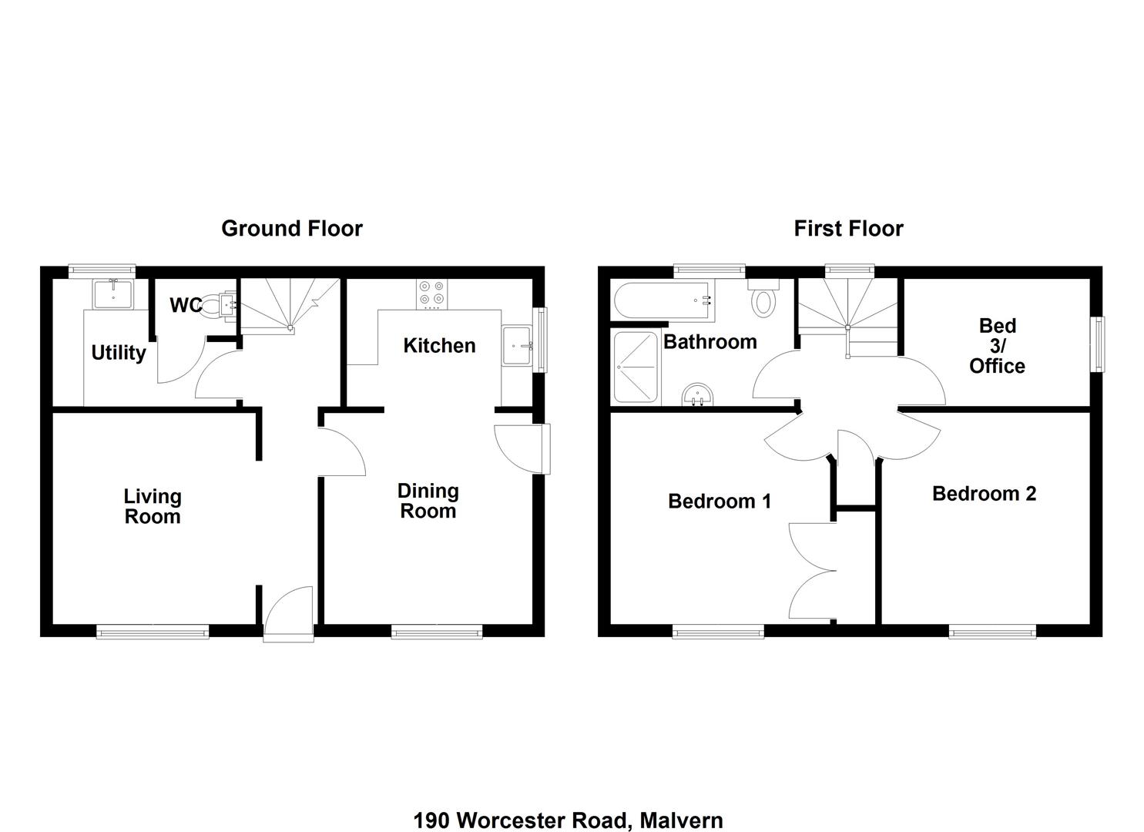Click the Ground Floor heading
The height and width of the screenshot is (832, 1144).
(x=291, y=229)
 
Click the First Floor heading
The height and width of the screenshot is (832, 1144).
(x=848, y=229)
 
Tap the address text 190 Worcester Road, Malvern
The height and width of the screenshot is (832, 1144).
(x=568, y=820)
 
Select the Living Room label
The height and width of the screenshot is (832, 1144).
(x=153, y=507)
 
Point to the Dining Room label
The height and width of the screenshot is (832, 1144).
(x=428, y=501)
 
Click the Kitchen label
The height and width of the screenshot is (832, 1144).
(x=439, y=346)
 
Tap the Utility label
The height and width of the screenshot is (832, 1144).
(x=118, y=353)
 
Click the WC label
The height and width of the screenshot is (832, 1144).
(x=185, y=306)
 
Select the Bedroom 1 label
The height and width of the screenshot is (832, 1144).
(x=719, y=502)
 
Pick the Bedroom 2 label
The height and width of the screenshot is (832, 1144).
(x=984, y=494)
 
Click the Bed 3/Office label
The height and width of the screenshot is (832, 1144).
(x=997, y=346)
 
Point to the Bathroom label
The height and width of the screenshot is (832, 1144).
(x=710, y=342)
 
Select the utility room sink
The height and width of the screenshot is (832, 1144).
(x=113, y=293)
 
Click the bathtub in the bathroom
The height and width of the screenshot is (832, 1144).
(x=663, y=301)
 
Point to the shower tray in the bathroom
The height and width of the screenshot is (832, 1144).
(x=636, y=367)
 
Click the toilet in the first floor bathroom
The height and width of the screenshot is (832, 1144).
(x=763, y=299)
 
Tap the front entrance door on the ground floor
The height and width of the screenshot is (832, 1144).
(x=288, y=613)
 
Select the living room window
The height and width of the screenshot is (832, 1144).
(x=153, y=632)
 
